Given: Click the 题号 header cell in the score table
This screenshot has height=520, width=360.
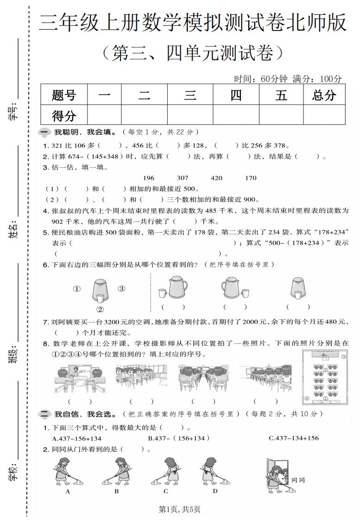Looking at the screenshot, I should [x=64, y=95].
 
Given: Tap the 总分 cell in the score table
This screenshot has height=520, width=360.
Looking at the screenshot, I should [x=324, y=95].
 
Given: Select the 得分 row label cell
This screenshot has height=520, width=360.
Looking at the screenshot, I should [x=64, y=115].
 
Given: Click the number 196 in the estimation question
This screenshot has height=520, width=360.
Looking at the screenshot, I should [x=149, y=178].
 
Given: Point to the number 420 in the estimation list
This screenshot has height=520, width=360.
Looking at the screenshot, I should [x=216, y=178].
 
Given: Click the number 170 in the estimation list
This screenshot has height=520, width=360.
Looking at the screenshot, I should [x=251, y=178].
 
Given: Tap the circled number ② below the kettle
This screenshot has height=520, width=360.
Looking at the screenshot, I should [x=99, y=310].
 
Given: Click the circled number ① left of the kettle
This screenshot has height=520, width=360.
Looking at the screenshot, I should [x=77, y=289].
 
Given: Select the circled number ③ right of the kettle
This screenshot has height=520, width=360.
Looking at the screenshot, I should [x=121, y=289].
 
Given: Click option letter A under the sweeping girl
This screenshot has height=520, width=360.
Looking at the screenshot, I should [x=68, y=491].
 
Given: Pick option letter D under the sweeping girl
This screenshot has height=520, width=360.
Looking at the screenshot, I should [x=215, y=491].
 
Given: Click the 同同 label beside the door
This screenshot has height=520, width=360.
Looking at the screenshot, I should [x=298, y=481].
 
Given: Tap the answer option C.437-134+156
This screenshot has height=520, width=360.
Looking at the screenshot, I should [x=294, y=438].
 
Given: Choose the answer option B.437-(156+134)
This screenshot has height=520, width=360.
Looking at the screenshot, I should [x=179, y=438].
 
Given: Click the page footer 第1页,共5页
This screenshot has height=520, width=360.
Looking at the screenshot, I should [x=180, y=509].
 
